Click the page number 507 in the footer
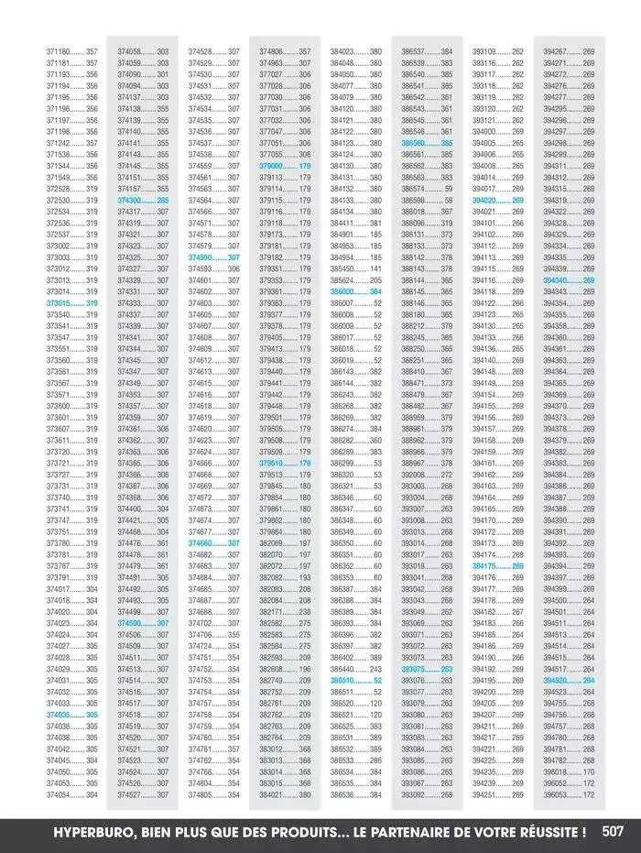click(x=614, y=832)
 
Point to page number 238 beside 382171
click(x=304, y=611)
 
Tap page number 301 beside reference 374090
click(x=162, y=74)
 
